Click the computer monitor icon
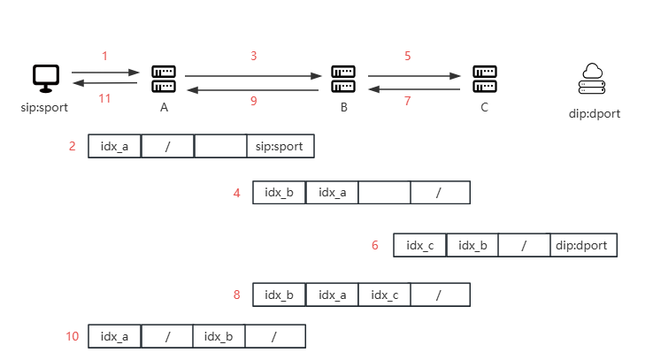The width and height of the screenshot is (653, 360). [x=46, y=77]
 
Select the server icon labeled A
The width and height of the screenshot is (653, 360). [x=163, y=77]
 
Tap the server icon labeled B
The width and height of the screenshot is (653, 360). [x=343, y=77]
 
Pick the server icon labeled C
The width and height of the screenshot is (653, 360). [x=483, y=77]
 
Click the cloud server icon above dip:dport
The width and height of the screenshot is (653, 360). [x=591, y=79]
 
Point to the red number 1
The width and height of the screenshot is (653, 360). [x=104, y=56]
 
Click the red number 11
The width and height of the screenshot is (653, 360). [x=104, y=98]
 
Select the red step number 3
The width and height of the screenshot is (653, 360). [x=254, y=56]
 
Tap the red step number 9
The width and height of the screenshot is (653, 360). [x=254, y=101]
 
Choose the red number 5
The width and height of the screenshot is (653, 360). [x=408, y=56]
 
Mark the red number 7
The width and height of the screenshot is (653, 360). [x=408, y=101]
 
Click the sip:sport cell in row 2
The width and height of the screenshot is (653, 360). [x=280, y=146]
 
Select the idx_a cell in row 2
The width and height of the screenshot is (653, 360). [x=114, y=146]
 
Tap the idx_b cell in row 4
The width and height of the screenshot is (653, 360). [x=279, y=193]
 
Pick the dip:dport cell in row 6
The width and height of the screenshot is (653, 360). [x=583, y=245]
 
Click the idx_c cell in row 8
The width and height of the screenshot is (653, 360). [x=384, y=295]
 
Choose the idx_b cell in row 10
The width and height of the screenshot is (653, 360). [x=219, y=336]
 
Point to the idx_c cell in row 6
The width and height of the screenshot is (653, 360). [x=419, y=245]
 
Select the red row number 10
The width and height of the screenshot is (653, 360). [x=73, y=336]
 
